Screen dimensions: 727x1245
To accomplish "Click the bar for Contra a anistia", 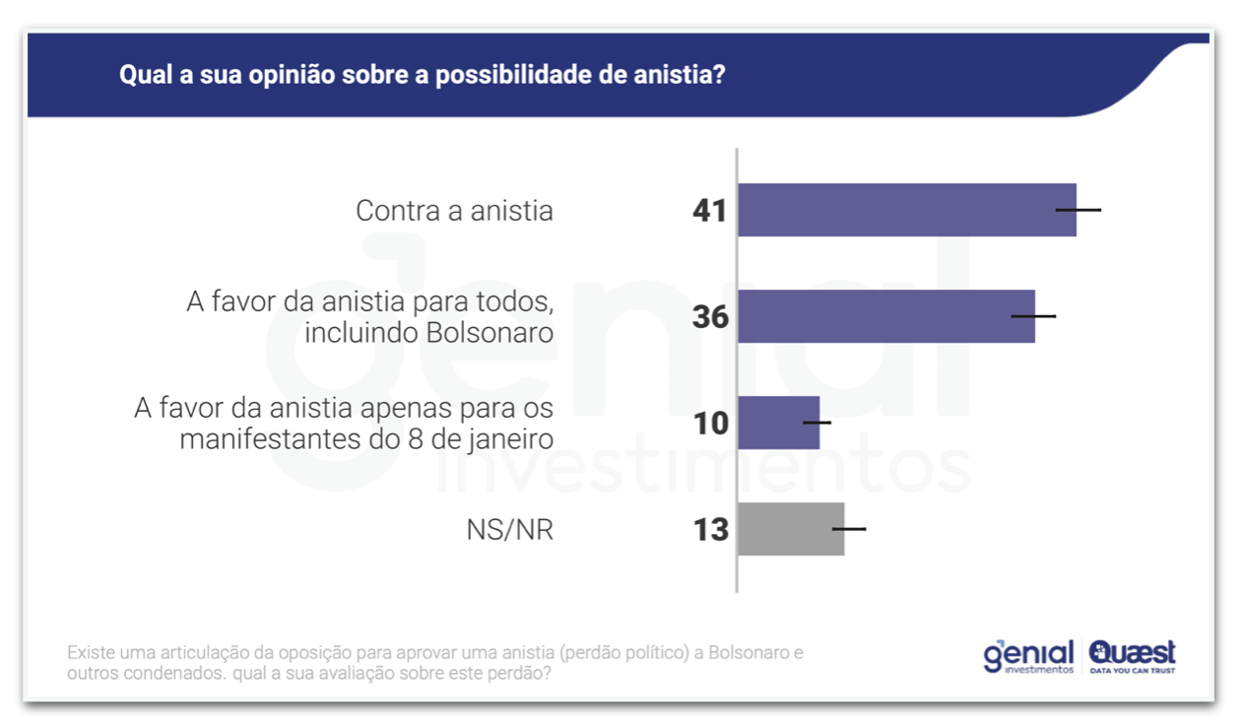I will [x=906, y=210].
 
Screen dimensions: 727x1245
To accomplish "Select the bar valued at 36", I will [x=885, y=316].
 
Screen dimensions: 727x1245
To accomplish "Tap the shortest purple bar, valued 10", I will [x=778, y=423].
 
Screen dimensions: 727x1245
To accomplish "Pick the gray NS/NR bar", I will [x=791, y=529].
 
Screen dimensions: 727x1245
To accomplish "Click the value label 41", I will [x=709, y=211].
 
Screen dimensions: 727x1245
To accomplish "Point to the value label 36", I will [x=709, y=317].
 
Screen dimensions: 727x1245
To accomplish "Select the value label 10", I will [x=709, y=424].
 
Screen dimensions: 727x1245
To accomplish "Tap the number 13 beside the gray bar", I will [x=709, y=530].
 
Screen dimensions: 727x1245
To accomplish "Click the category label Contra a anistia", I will [x=454, y=211].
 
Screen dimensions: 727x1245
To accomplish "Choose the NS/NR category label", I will [x=509, y=531].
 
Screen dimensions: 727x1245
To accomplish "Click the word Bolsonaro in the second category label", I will [x=489, y=333].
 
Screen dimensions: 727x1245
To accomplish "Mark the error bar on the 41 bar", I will [x=1078, y=210].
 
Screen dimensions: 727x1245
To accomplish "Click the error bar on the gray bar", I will [x=849, y=529].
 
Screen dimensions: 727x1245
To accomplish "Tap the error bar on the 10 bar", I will [x=817, y=423].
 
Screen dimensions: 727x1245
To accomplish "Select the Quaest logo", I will [x=1132, y=656].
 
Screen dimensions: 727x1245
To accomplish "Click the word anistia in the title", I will [x=675, y=75].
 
